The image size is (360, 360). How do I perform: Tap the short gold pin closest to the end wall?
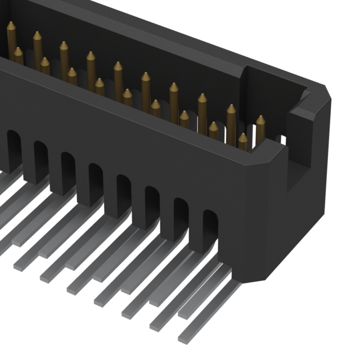click(x=242, y=141)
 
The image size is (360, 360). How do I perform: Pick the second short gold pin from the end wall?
click(x=213, y=130)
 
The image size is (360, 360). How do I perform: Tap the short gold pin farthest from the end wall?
click(x=18, y=56)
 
